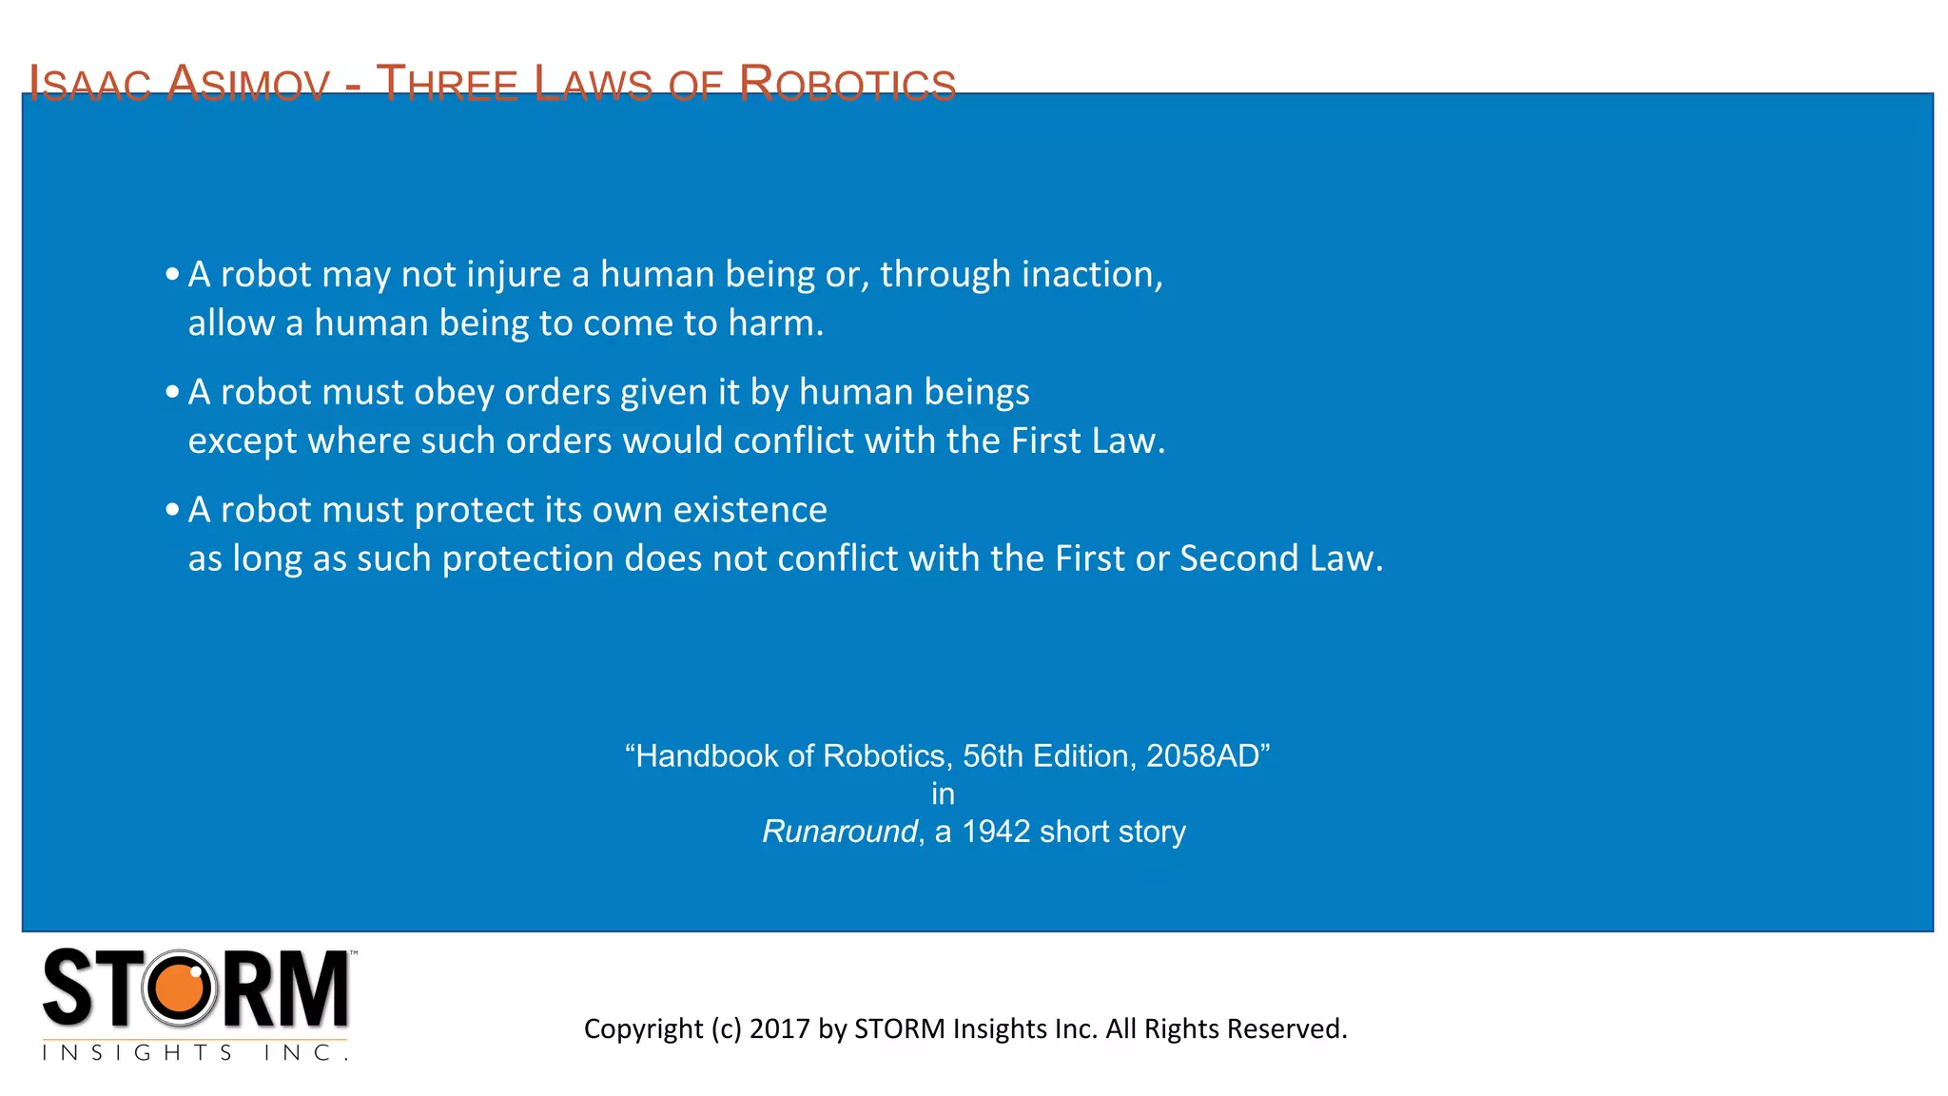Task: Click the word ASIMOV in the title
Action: pyautogui.click(x=248, y=84)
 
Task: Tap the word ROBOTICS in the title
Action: pyautogui.click(x=847, y=84)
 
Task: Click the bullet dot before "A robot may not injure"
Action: pyautogui.click(x=172, y=275)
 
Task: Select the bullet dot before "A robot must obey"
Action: pyautogui.click(x=172, y=392)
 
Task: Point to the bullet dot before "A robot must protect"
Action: pyautogui.click(x=172, y=510)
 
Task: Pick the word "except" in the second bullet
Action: pyautogui.click(x=242, y=441)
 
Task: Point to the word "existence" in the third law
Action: pyautogui.click(x=750, y=510)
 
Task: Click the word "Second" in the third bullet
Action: pyautogui.click(x=1238, y=558)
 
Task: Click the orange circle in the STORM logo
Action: pyautogui.click(x=179, y=988)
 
